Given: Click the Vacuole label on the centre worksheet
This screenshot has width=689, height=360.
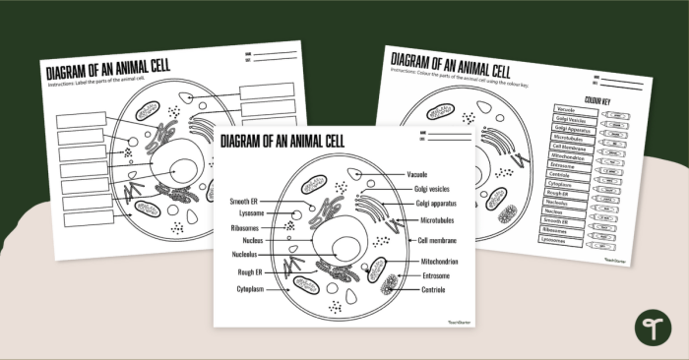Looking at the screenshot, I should click(x=417, y=174).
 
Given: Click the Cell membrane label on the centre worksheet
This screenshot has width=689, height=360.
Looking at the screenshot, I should click(x=438, y=239).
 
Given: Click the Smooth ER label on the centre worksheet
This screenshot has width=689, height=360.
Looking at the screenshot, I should click(x=244, y=201).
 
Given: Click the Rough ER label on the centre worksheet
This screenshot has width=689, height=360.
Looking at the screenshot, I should click(x=248, y=271).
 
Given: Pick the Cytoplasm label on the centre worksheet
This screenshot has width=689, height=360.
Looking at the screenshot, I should click(x=249, y=289).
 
